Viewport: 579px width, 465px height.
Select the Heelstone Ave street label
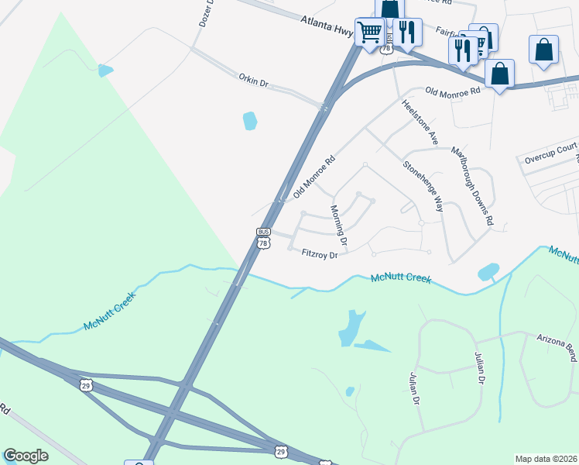[419, 122]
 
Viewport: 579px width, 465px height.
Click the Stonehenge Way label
[423, 186]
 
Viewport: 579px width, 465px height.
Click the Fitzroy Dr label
[320, 253]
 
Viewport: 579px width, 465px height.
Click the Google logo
[26, 456]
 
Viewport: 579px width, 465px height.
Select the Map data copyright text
[546, 459]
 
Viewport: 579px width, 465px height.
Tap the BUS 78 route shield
[263, 238]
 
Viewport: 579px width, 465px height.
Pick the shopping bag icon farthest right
[543, 49]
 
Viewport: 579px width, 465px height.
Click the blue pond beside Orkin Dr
[250, 121]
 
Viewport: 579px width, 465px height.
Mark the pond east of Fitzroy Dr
[488, 271]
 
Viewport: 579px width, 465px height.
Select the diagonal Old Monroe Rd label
[314, 177]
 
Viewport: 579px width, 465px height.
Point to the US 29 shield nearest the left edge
[87, 385]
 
